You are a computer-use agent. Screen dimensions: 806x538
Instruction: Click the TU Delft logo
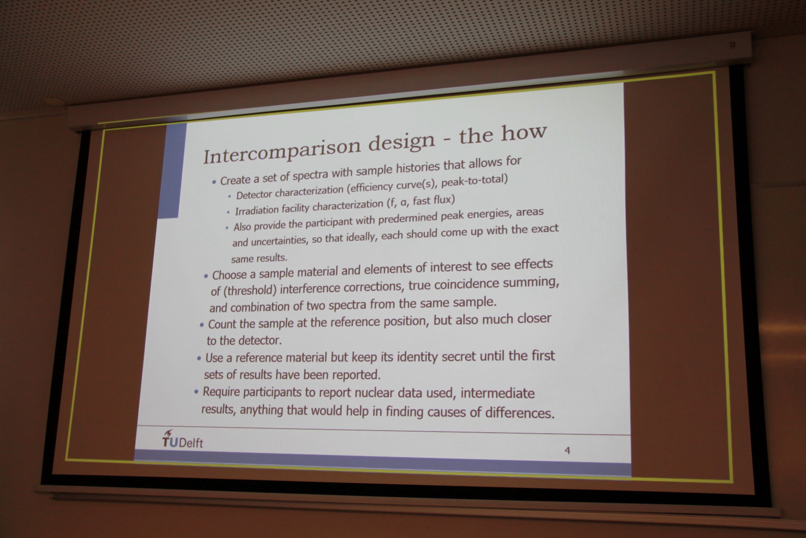tap(182, 440)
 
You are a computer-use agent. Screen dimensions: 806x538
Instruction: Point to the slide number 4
tap(567, 450)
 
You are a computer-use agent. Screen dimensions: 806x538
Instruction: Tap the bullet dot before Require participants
tap(196, 392)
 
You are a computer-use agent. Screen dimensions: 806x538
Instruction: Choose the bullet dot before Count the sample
tap(201, 325)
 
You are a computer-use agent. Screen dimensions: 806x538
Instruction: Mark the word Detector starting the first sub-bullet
tap(254, 195)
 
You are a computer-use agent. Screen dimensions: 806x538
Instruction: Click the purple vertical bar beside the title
tap(172, 171)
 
